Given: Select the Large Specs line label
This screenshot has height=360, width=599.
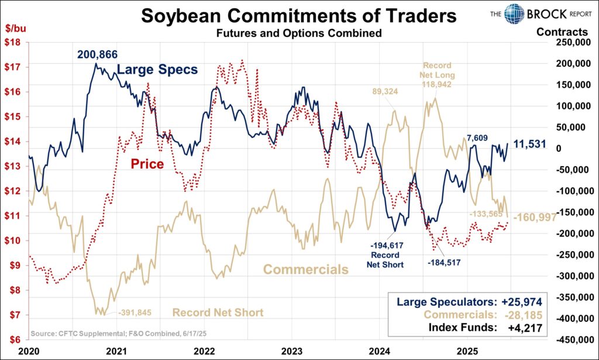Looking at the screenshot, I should click(157, 70).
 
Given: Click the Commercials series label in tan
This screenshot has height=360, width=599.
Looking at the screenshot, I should click(306, 269).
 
